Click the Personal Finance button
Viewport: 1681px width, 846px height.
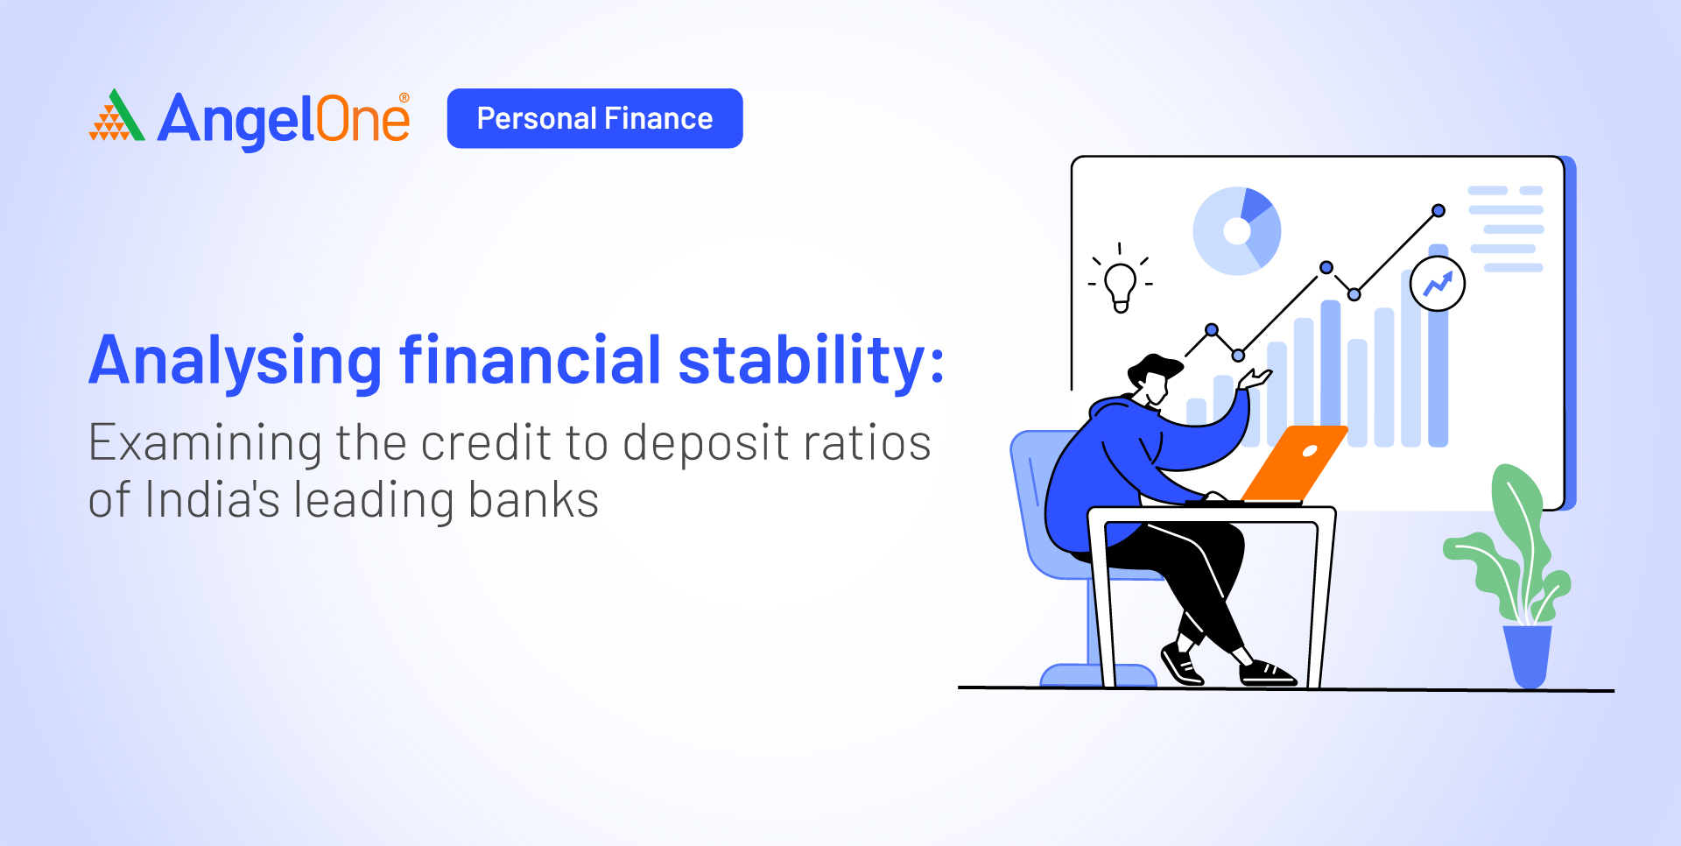(594, 118)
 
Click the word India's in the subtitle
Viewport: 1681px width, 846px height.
(212, 499)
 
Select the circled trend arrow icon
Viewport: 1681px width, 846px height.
(1438, 284)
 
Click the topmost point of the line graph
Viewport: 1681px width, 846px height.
(1438, 210)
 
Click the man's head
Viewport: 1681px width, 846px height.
(1153, 378)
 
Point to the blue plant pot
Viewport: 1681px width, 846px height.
(1527, 656)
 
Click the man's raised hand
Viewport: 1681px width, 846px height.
(1255, 378)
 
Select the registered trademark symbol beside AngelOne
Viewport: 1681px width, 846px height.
(404, 97)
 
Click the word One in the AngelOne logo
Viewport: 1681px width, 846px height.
(362, 119)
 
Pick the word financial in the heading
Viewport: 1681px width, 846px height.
(531, 359)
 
